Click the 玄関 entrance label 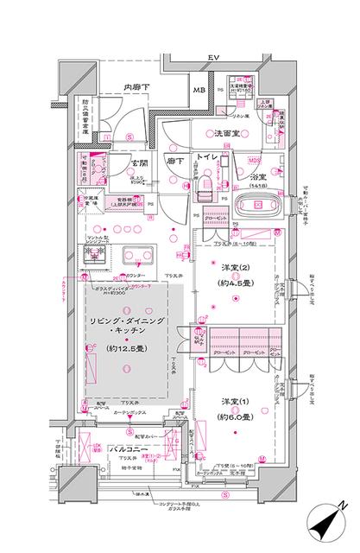[141, 162]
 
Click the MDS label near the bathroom [255, 161]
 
